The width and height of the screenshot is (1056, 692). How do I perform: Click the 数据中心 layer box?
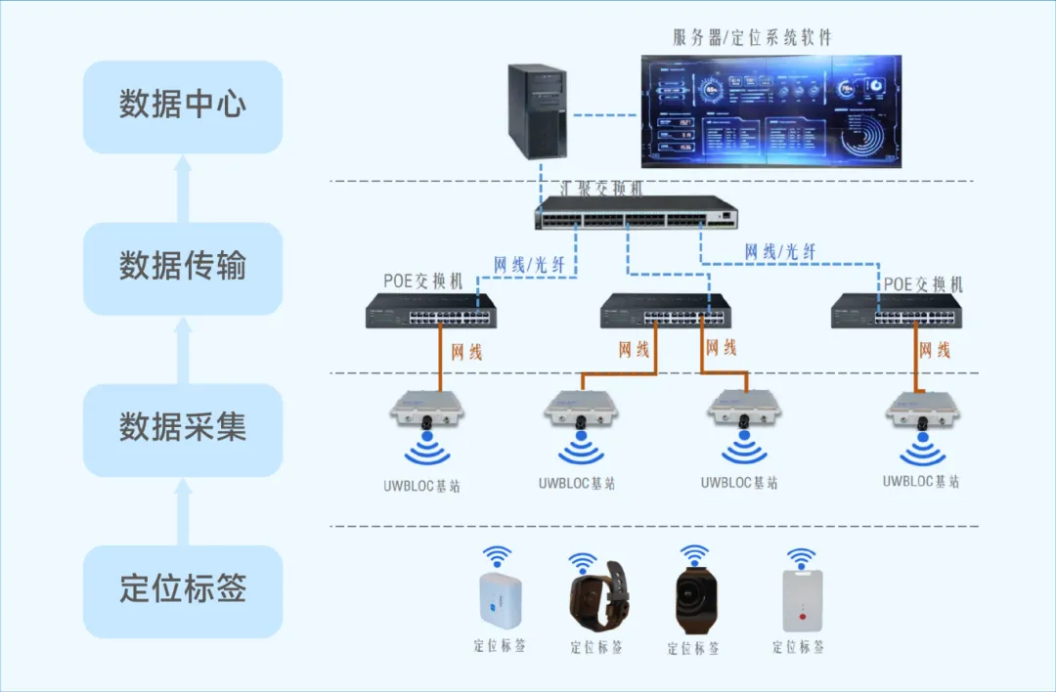tap(183, 107)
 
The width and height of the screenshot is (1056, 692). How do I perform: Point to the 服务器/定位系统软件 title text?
tap(752, 38)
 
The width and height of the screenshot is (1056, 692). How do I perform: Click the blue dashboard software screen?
tap(770, 110)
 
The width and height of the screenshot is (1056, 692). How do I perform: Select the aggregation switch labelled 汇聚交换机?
tap(636, 212)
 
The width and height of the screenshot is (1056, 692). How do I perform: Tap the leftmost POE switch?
tap(431, 313)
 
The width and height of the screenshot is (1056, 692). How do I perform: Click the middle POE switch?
tap(664, 311)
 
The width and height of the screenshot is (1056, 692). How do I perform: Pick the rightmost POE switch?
tap(895, 313)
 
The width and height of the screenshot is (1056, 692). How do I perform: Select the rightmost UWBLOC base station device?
tap(923, 411)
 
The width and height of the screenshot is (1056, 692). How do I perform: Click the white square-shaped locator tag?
tap(500, 600)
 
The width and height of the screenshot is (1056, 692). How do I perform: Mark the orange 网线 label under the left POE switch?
tap(466, 351)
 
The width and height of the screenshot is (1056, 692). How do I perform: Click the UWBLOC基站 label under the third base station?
tap(739, 483)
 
